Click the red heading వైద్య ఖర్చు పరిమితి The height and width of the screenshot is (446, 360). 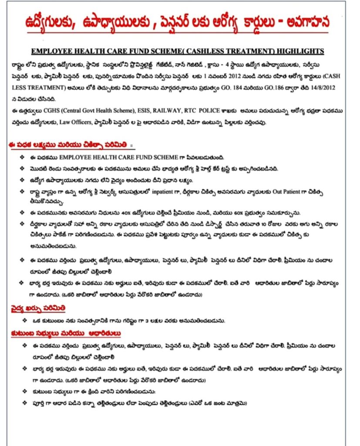point(38,308)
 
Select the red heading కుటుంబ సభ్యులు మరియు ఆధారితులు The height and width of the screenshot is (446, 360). point(66,334)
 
